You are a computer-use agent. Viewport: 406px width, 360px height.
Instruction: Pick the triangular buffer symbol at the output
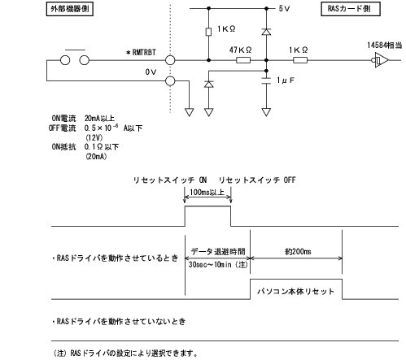[381, 60]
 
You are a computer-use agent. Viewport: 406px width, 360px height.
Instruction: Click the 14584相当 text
[384, 45]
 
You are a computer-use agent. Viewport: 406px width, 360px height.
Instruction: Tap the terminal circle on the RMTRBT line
[169, 60]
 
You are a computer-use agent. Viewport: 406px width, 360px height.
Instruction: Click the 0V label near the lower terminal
[150, 73]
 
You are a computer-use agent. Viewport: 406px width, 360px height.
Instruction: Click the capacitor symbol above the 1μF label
[267, 80]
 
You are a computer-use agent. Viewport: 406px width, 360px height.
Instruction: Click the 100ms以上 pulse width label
[207, 192]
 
